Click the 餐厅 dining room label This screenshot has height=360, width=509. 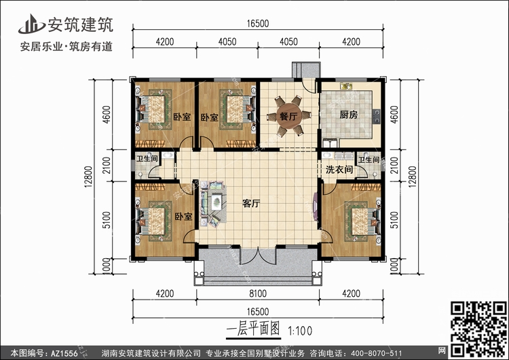pos(288,116)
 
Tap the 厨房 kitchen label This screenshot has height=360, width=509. pos(348,115)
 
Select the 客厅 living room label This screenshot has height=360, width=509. pos(251,204)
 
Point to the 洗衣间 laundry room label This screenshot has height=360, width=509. pos(339,169)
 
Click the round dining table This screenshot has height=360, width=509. pos(288,116)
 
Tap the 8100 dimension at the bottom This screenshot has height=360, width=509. pos(258,293)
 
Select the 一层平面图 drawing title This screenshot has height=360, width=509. pos(253,329)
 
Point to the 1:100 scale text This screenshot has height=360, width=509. pos(300,331)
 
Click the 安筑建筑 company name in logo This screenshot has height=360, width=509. pos(81,25)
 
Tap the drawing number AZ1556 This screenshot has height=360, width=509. pos(64,353)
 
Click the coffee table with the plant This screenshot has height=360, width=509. pos(216,202)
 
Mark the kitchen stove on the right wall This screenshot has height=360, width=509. pos(377,116)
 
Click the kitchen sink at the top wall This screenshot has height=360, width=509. pos(346,86)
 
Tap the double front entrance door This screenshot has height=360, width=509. pos(258,255)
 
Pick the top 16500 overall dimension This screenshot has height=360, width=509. pos(258,24)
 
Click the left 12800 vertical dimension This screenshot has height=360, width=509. pos(89,177)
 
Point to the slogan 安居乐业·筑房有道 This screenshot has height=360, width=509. pos(67,46)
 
